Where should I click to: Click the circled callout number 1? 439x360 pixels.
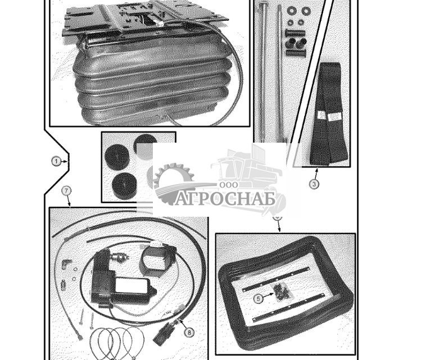coord(56,161)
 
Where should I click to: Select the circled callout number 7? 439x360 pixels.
coord(66,190)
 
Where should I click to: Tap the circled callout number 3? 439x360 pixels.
coord(314,184)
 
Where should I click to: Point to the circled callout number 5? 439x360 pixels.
coord(258,299)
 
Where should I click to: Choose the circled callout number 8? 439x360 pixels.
coord(189,332)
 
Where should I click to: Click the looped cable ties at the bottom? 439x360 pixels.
coord(115,343)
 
